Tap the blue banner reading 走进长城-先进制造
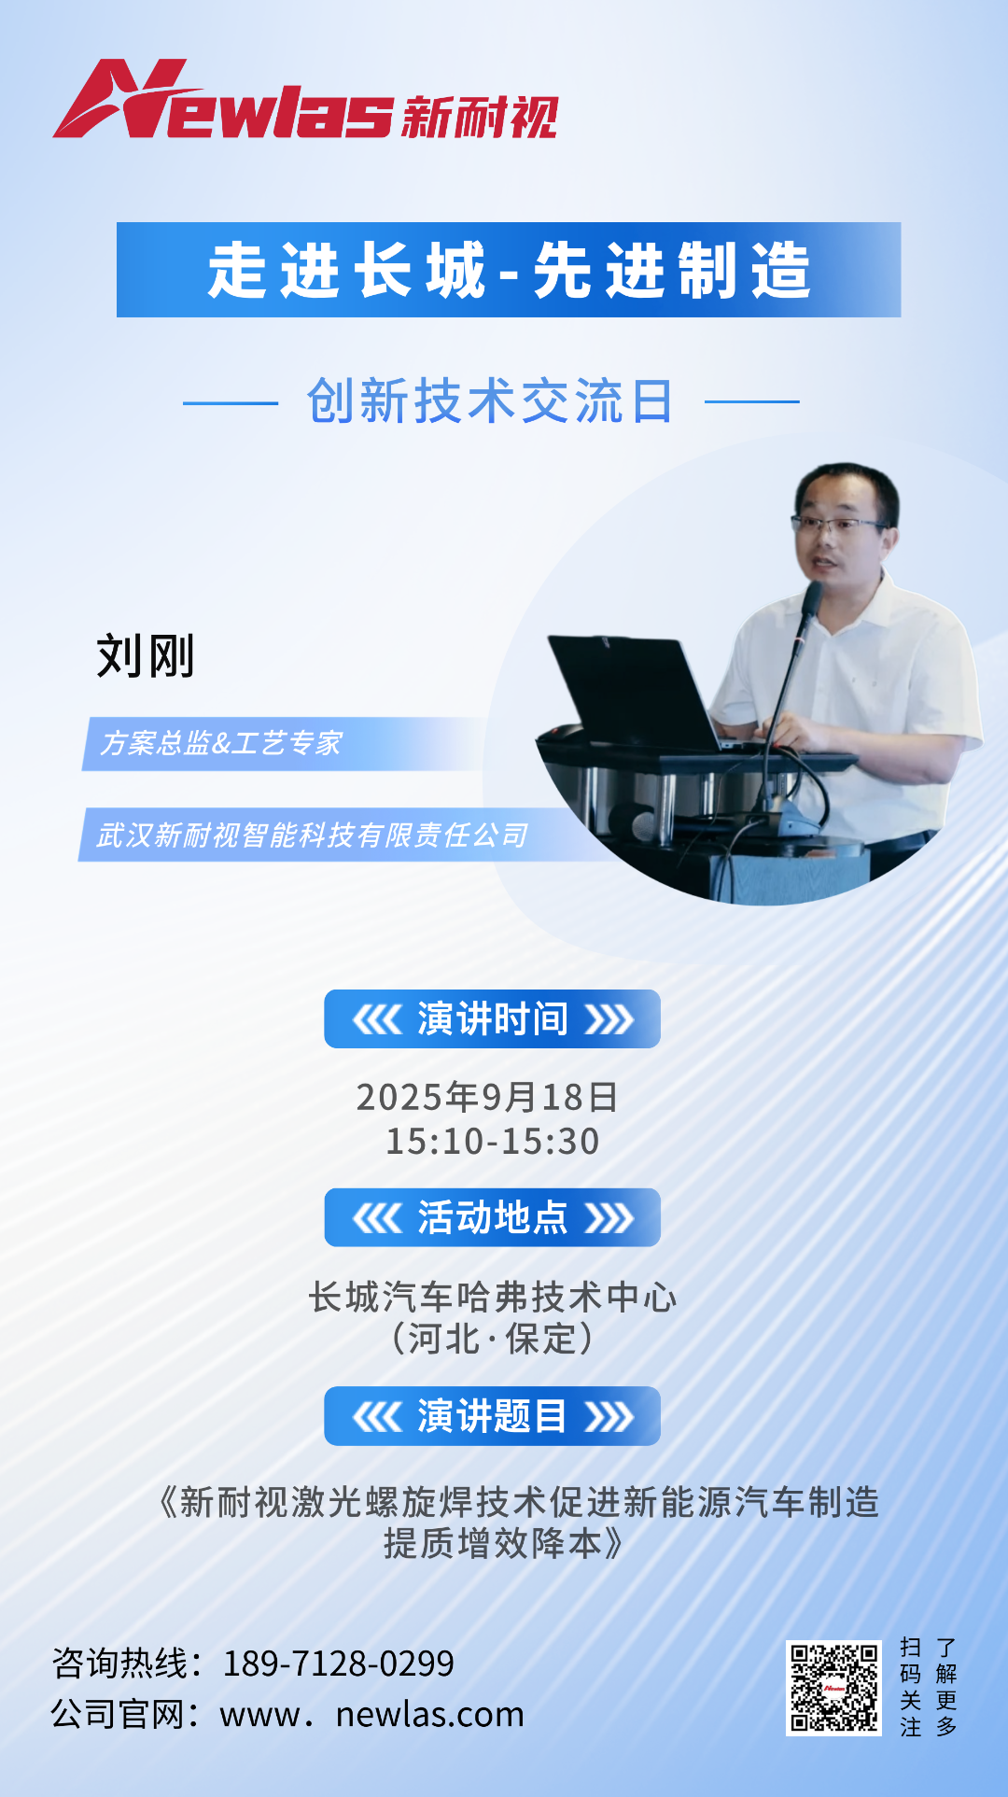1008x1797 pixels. [509, 270]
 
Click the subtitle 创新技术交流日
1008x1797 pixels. [490, 401]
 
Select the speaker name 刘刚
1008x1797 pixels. [146, 655]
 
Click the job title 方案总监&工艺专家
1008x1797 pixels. [221, 743]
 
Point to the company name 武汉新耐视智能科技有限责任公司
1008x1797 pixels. [313, 835]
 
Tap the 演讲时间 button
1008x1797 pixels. [492, 1019]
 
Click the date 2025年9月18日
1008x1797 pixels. [487, 1097]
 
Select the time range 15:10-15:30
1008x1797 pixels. [492, 1141]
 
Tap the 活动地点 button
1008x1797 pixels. [492, 1217]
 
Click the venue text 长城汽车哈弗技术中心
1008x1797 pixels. [492, 1297]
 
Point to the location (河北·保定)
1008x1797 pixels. [492, 1339]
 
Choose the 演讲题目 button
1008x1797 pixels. [492, 1416]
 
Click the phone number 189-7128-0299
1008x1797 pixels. [338, 1664]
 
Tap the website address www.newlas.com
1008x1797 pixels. [371, 1715]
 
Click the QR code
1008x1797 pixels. [833, 1688]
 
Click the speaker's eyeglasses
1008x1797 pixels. [837, 524]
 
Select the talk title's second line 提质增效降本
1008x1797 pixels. [502, 1544]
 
